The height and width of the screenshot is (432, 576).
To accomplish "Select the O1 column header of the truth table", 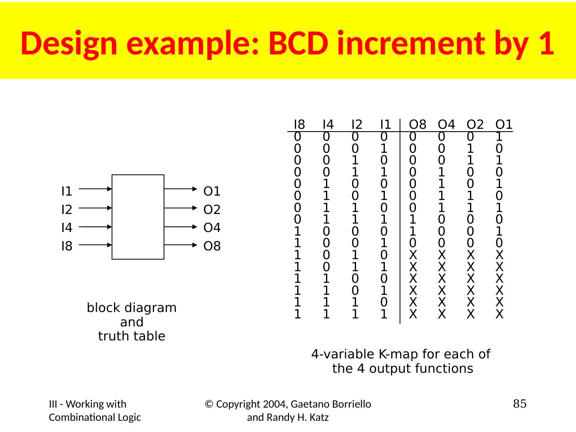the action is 504,125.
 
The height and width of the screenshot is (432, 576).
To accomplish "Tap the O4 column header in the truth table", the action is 446,125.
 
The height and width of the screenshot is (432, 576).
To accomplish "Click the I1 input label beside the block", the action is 67,192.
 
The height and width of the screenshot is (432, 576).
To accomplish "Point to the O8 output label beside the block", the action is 212,246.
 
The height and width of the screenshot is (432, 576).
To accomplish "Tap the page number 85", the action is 520,404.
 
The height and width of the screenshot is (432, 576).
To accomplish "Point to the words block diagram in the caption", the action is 132,308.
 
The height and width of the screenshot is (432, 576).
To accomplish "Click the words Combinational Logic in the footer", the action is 95,418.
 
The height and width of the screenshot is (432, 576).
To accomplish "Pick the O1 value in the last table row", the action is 499,315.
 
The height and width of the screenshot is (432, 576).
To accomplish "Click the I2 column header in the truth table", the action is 357,125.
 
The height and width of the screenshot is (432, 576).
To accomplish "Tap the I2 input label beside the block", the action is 67,210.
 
